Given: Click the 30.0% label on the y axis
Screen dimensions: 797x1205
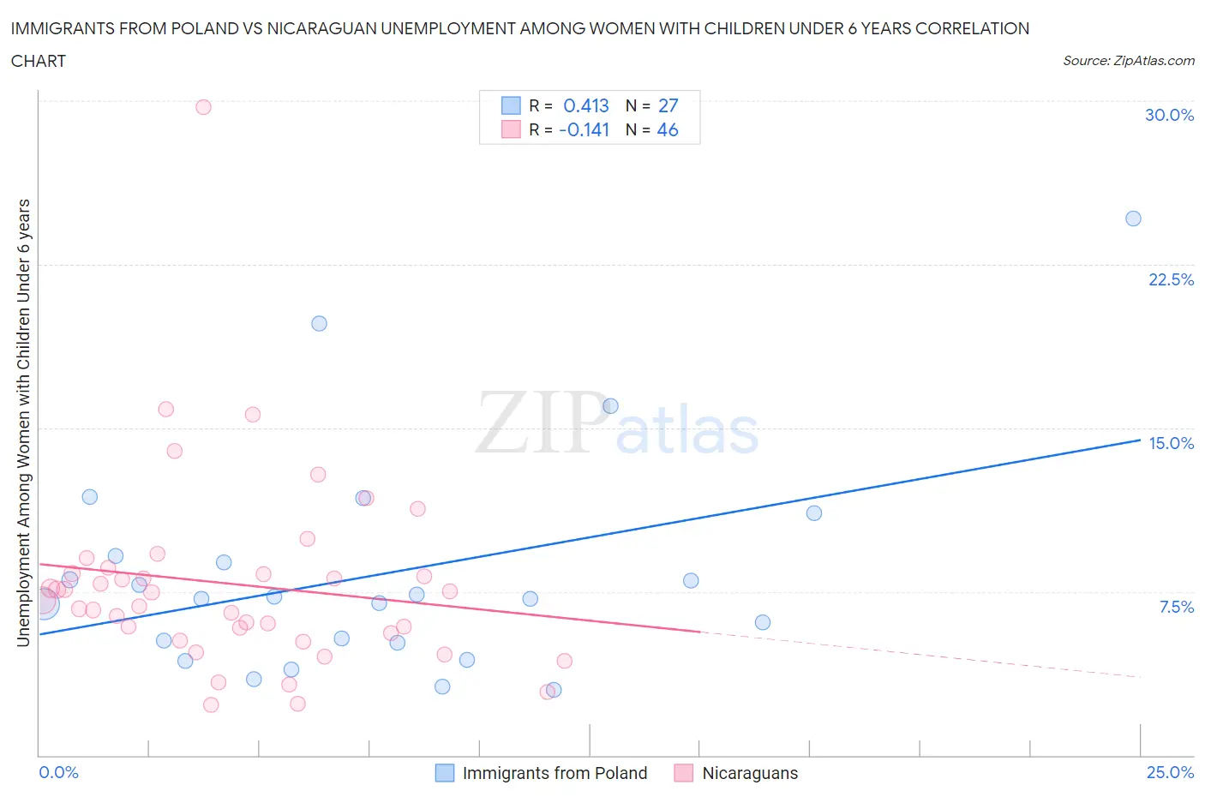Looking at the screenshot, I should pyautogui.click(x=1169, y=115).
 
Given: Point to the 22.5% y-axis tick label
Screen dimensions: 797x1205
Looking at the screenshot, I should pyautogui.click(x=1171, y=279).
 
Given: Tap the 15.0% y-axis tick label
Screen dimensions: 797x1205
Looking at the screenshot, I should pyautogui.click(x=1171, y=443).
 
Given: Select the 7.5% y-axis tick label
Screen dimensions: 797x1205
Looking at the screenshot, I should pyautogui.click(x=1176, y=607).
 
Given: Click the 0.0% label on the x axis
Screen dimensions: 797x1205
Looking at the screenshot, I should pyautogui.click(x=58, y=772).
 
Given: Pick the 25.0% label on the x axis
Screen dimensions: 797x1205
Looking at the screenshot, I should pyautogui.click(x=1170, y=772).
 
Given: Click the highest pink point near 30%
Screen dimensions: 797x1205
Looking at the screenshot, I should pyautogui.click(x=203, y=107).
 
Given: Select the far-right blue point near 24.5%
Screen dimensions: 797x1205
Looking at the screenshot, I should pyautogui.click(x=1133, y=219).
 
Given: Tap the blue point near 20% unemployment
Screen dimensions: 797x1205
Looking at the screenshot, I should pyautogui.click(x=319, y=323).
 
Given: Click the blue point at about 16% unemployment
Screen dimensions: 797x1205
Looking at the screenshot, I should pyautogui.click(x=610, y=406).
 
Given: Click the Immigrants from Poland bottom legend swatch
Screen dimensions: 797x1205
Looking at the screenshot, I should pyautogui.click(x=445, y=773).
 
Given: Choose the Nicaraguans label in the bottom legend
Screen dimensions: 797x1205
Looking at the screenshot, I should pyautogui.click(x=750, y=773).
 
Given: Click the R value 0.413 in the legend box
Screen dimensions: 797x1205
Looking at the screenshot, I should pyautogui.click(x=586, y=105).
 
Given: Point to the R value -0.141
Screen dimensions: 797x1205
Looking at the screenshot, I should pyautogui.click(x=584, y=129).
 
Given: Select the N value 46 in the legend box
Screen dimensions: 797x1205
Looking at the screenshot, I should pyautogui.click(x=668, y=129).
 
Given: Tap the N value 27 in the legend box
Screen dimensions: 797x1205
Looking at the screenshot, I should pyautogui.click(x=668, y=105).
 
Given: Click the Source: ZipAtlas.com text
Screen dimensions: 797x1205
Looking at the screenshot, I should pyautogui.click(x=1128, y=61).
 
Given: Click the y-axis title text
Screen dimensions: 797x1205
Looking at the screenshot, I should pyautogui.click(x=23, y=422).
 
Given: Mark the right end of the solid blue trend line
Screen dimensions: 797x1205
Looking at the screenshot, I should pyautogui.click(x=1139, y=440).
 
